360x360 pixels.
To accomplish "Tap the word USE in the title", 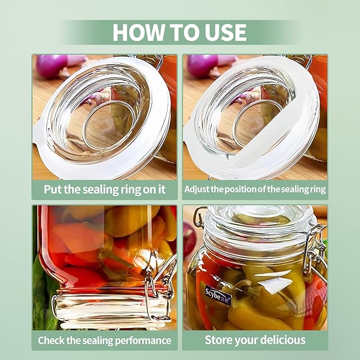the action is (226, 32).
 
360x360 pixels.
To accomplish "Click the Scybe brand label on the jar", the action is (218, 295).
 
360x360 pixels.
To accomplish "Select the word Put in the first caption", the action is (53, 190).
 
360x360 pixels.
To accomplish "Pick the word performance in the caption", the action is (143, 341).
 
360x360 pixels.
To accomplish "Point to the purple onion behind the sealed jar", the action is (190, 239).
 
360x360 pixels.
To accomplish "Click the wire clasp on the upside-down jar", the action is (159, 289).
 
